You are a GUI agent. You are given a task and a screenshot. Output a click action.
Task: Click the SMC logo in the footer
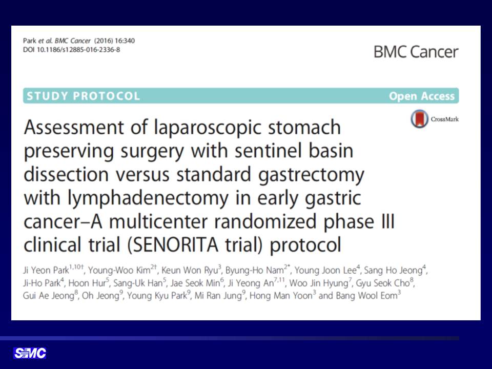(x=30, y=353)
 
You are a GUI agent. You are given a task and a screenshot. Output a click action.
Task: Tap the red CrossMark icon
(x=419, y=118)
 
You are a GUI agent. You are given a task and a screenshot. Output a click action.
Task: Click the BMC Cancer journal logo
(x=416, y=52)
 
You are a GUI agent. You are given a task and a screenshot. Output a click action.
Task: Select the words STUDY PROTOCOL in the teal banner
(x=83, y=96)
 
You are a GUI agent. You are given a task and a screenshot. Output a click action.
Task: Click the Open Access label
(x=422, y=96)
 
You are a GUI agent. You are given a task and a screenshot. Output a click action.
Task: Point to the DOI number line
(x=71, y=50)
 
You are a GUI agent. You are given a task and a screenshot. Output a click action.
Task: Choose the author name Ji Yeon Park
(x=46, y=270)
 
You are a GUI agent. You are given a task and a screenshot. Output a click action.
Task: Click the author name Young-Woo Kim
(x=119, y=270)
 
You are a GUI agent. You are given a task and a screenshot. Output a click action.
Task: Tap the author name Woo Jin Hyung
(x=318, y=283)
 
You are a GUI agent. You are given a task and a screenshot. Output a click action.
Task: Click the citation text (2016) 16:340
(x=114, y=41)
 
